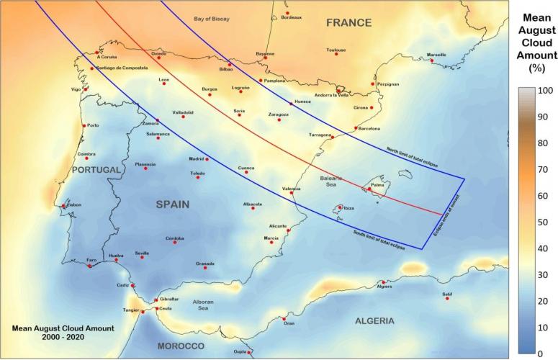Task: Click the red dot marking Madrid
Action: [207, 159]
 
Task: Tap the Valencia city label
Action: [291, 189]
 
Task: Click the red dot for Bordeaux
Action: [287, 13]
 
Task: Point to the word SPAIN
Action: [173, 204]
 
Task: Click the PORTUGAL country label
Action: [96, 170]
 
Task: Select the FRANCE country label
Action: [348, 23]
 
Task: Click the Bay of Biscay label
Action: [215, 18]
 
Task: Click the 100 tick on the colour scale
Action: [545, 91]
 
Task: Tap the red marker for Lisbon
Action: [64, 206]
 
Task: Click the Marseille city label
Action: [436, 55]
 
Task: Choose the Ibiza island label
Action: [348, 208]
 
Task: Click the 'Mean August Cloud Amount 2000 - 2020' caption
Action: [63, 331]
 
